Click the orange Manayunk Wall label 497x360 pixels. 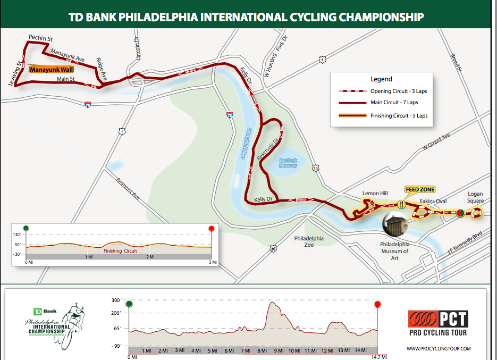51,69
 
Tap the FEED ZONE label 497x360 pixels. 420,189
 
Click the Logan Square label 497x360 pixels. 475,197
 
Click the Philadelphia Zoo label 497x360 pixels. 309,242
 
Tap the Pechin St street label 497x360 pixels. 40,38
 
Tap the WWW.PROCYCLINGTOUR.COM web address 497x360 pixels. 438,349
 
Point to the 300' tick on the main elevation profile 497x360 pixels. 117,300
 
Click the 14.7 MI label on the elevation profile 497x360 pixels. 377,357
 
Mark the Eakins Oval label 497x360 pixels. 433,201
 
